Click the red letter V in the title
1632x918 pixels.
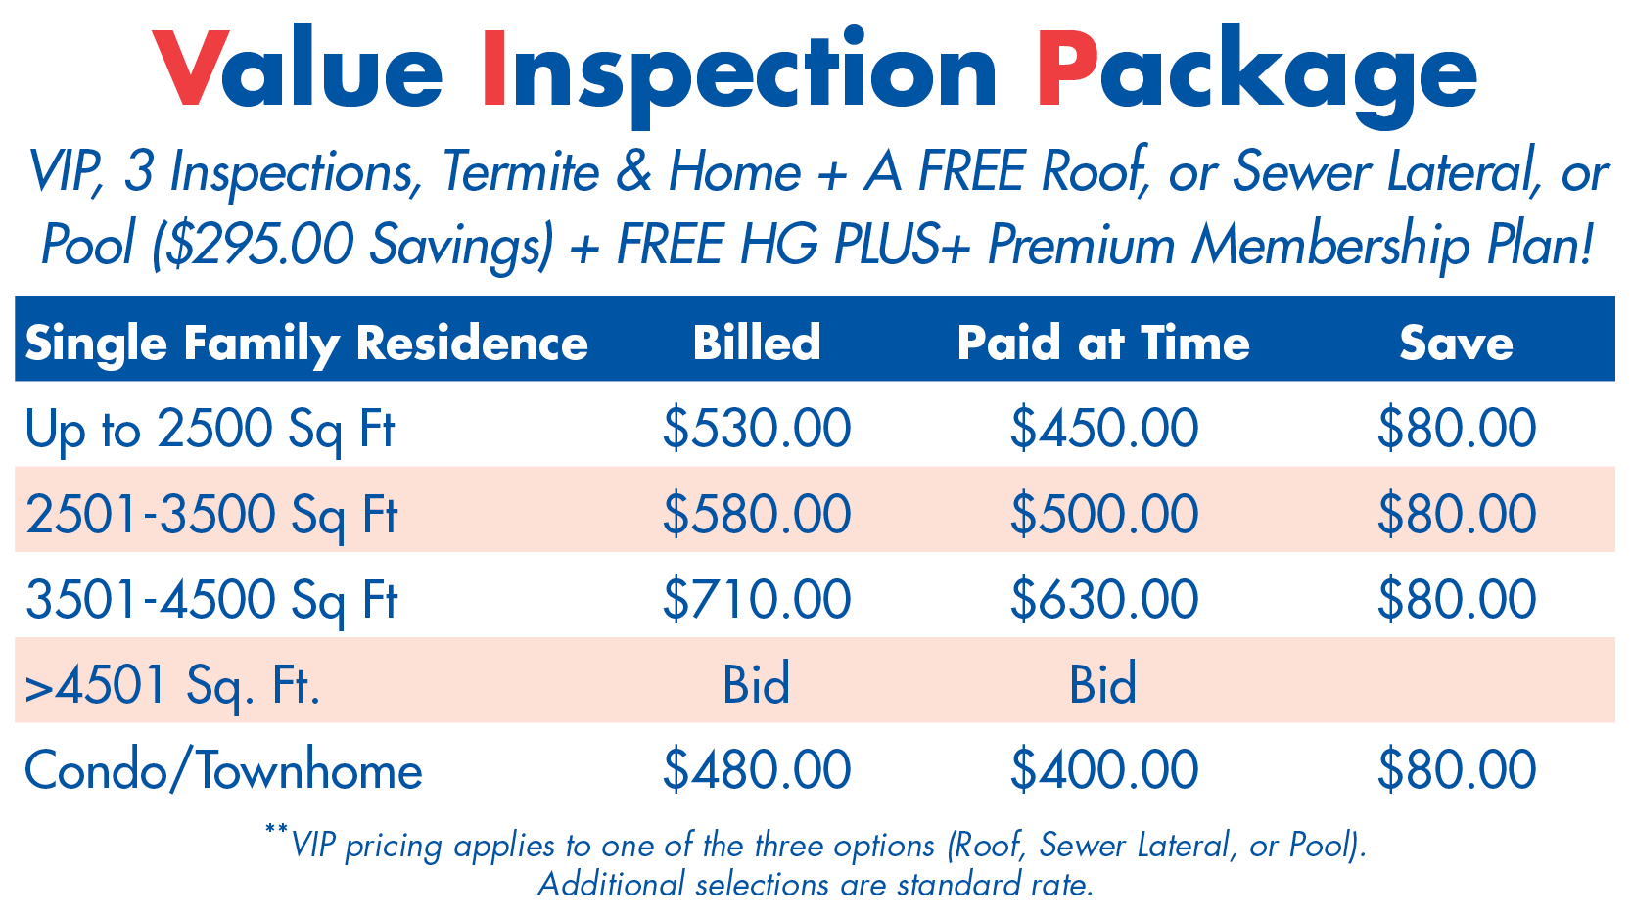191,69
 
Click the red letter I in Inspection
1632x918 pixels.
493,69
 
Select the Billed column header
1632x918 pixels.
756,343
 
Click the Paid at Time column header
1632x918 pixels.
1103,343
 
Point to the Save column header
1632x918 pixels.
1456,343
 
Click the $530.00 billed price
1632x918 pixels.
756,429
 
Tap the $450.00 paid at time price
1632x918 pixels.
1103,429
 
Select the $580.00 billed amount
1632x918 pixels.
756,514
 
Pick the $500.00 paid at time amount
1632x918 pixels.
1103,514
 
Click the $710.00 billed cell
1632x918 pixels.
756,599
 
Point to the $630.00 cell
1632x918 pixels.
1103,599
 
